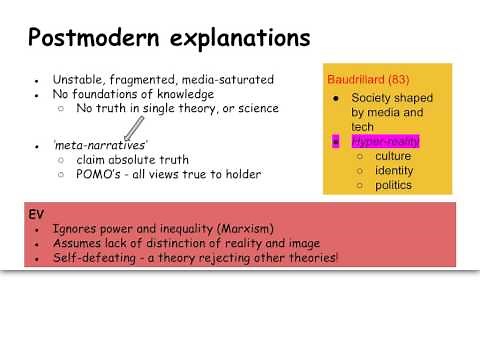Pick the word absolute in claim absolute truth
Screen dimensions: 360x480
137,160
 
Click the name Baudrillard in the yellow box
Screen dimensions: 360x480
363,78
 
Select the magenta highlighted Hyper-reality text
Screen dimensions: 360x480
385,142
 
